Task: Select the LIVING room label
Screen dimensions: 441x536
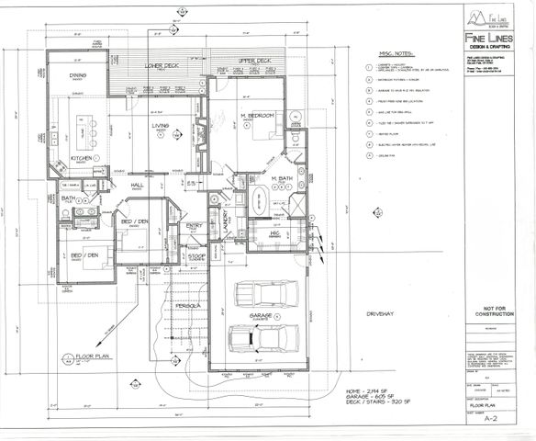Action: [161, 126]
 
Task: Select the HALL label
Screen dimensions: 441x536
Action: [139, 186]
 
